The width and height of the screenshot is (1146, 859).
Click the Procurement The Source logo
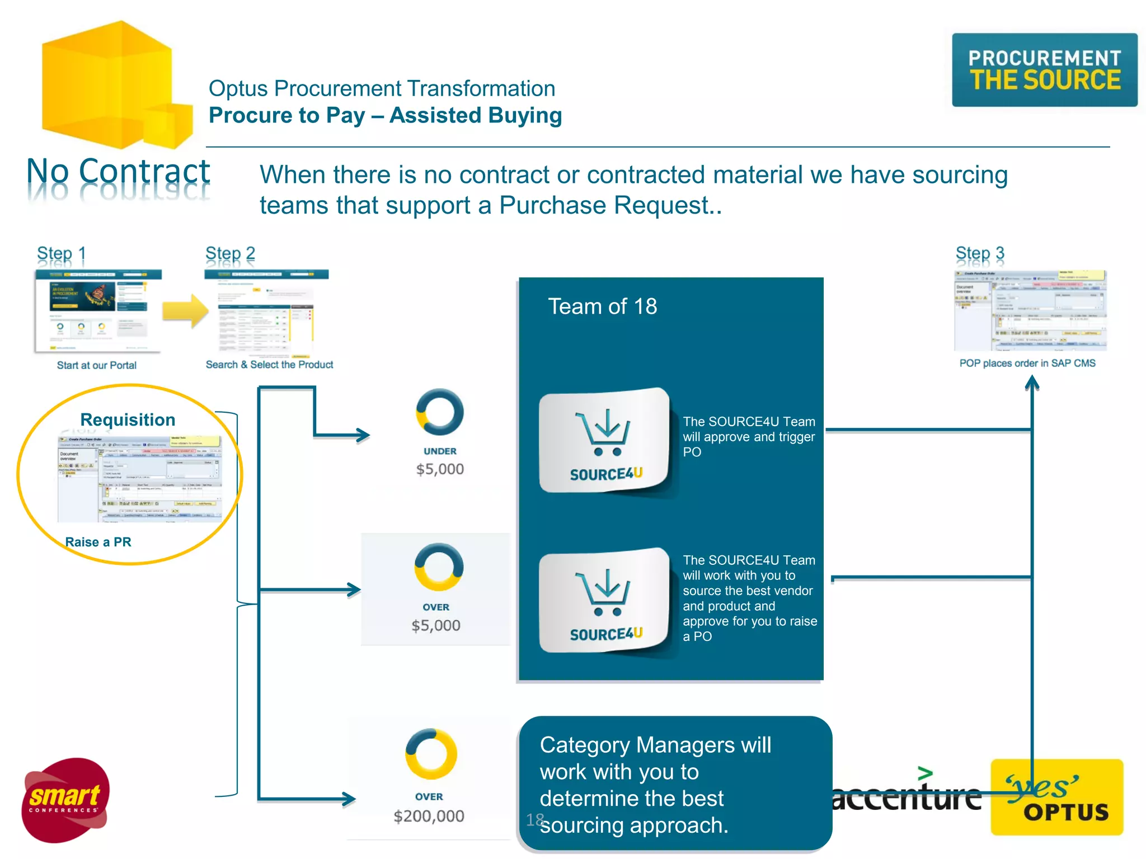[1044, 70]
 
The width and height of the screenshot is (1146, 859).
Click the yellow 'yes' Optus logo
[1056, 797]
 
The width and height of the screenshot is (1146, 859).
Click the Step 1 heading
[61, 253]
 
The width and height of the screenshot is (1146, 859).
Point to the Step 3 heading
[979, 253]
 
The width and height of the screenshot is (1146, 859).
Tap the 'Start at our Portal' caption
[96, 365]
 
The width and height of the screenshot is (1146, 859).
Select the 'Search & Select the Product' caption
[269, 365]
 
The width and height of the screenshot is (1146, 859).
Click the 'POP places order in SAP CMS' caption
[1027, 363]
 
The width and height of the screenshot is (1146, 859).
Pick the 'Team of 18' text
[602, 306]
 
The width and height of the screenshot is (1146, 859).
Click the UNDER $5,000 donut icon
[440, 412]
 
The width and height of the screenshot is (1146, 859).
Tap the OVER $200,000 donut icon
[431, 754]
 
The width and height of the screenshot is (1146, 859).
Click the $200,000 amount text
[429, 816]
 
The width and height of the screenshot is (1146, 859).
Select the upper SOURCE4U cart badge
[604, 441]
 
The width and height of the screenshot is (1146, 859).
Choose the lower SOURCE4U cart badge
[604, 601]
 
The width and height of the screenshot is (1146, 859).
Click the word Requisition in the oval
[128, 419]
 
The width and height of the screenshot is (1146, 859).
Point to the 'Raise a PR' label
[98, 542]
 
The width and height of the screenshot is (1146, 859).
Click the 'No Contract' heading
[118, 171]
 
